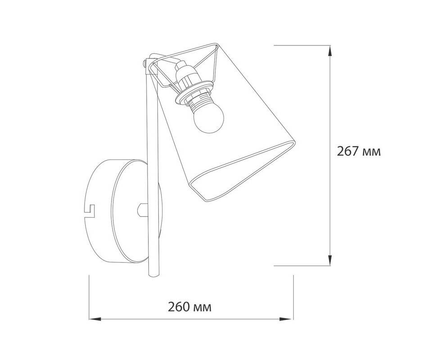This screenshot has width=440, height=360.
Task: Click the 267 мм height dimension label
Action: [x=359, y=152]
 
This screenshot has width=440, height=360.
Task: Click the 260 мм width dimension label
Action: [x=190, y=307]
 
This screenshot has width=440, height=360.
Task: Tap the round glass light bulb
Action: [x=208, y=119]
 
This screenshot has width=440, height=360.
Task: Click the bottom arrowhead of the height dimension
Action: [x=330, y=260]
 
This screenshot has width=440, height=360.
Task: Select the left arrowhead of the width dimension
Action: [x=95, y=319]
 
